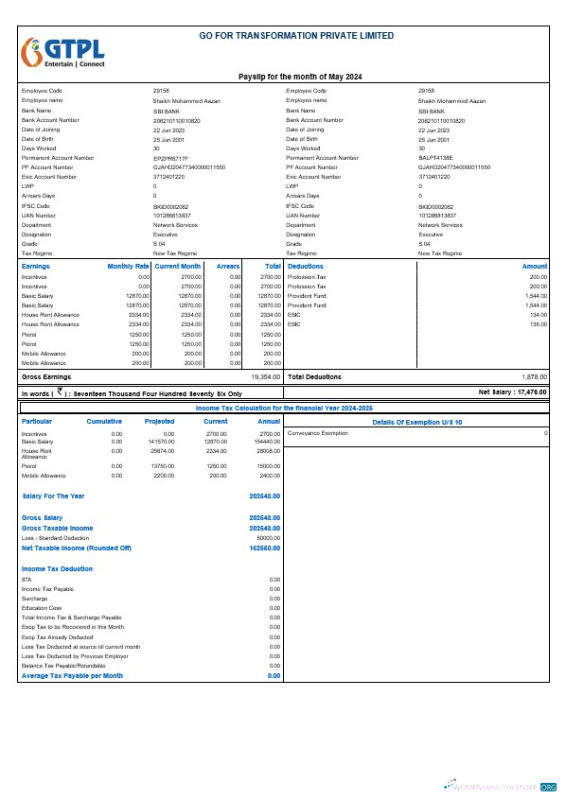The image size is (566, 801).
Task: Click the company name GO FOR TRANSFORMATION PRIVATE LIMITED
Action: click(x=296, y=35)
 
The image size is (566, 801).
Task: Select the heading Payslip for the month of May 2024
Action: click(x=299, y=76)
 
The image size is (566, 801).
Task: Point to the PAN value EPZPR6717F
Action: click(x=170, y=157)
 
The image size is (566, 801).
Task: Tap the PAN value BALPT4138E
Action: click(x=435, y=157)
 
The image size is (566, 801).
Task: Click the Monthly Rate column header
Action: click(x=129, y=267)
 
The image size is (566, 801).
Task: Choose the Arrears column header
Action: click(x=228, y=267)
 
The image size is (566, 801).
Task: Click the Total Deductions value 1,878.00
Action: click(x=535, y=376)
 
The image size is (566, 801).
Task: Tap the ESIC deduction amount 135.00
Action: click(x=539, y=324)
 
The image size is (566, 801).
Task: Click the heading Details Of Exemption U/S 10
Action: click(x=416, y=421)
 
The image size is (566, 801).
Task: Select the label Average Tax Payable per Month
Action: click(x=72, y=676)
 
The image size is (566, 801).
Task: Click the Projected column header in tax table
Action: click(x=159, y=421)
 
